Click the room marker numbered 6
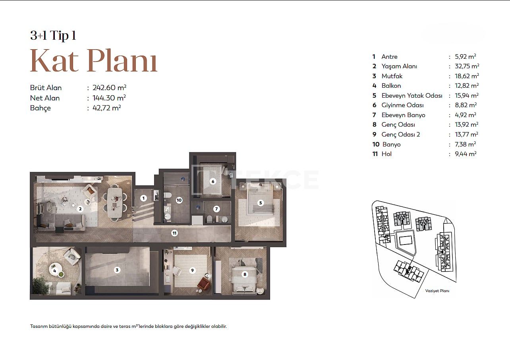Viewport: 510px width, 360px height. coord(213,181)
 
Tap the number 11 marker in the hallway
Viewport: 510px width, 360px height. coord(174,233)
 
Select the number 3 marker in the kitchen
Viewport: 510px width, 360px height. coord(117,270)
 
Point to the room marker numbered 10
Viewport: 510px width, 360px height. coord(179,200)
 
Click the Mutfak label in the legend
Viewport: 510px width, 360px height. coord(392,76)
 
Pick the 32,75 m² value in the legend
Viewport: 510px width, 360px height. coord(467,66)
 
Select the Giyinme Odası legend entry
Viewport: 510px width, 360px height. coord(402,105)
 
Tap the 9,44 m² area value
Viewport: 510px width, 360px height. coord(466,154)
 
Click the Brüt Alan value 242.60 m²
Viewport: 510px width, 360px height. coord(109,88)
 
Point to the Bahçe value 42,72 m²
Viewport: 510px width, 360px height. coord(106,108)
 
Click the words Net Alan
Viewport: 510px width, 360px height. coord(45,98)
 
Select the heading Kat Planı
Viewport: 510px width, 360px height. coord(94,61)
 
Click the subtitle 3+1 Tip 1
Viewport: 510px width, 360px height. coord(53,35)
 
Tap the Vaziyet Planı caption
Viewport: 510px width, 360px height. coord(437,291)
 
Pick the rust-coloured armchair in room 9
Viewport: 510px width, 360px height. coord(203,284)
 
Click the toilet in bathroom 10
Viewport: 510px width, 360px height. coord(168,195)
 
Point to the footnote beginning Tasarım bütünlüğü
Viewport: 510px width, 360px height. coord(128,326)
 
